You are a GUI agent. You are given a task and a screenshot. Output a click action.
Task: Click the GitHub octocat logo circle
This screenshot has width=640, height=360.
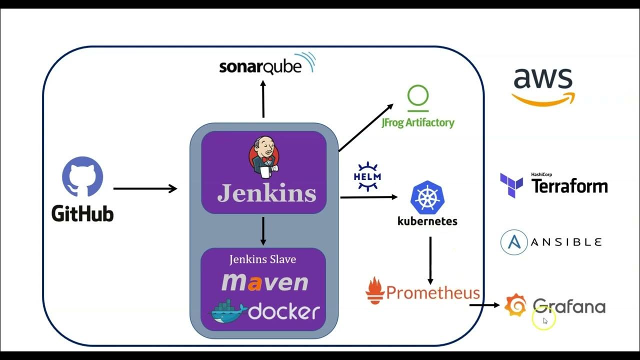(x=82, y=178)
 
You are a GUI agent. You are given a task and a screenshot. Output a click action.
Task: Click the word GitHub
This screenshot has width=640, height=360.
(x=82, y=213)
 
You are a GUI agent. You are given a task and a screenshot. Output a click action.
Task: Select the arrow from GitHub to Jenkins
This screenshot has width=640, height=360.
(x=145, y=188)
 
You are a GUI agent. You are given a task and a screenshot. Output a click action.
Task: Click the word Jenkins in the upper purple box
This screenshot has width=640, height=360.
(x=266, y=193)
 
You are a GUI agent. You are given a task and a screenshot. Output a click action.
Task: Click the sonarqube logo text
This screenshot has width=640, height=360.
(x=260, y=66)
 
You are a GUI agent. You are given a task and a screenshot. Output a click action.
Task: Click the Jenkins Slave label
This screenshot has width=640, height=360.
(x=262, y=259)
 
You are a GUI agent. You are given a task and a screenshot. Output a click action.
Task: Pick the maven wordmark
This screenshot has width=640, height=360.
(x=264, y=282)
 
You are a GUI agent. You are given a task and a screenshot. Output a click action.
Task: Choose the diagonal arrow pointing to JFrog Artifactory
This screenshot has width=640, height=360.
(x=365, y=127)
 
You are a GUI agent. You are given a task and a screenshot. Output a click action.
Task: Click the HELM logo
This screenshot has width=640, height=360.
(x=367, y=177)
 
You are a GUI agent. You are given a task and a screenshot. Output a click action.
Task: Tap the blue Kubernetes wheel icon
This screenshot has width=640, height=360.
(x=427, y=198)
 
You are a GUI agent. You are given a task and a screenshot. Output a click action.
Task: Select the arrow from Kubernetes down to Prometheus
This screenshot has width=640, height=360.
(x=430, y=260)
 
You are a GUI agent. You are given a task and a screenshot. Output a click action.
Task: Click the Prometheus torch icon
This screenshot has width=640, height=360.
(x=374, y=290)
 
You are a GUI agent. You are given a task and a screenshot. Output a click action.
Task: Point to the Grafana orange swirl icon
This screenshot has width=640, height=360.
(x=515, y=305)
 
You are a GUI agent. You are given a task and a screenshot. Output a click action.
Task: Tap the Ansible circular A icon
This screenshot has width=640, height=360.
(x=514, y=242)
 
